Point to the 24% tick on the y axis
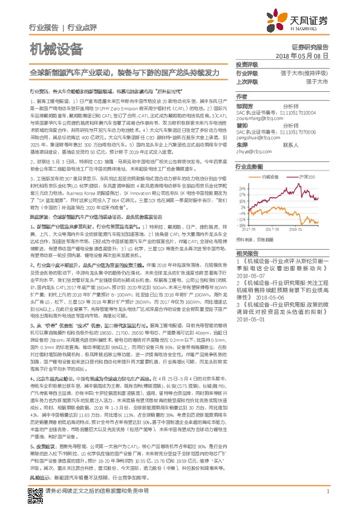pyautogui.click(x=241, y=187)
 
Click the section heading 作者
pyautogui.click(x=241, y=96)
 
